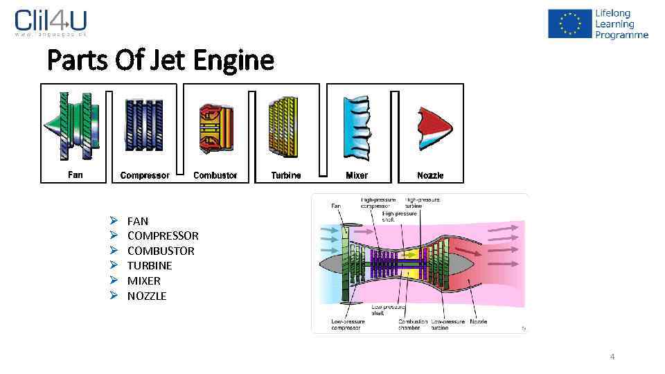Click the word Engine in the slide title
(x=233, y=61)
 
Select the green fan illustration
(x=73, y=125)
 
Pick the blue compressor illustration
(x=143, y=125)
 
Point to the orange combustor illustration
(x=215, y=128)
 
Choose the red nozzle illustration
(x=433, y=128)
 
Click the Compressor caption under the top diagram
(x=144, y=176)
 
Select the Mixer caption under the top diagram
(x=357, y=176)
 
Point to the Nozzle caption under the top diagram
(x=430, y=176)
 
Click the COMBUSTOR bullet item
(x=161, y=251)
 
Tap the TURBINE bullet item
(x=150, y=265)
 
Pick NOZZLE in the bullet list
(x=147, y=296)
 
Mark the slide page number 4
(x=612, y=357)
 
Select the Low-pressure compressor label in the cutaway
(x=346, y=325)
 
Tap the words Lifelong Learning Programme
(x=621, y=24)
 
